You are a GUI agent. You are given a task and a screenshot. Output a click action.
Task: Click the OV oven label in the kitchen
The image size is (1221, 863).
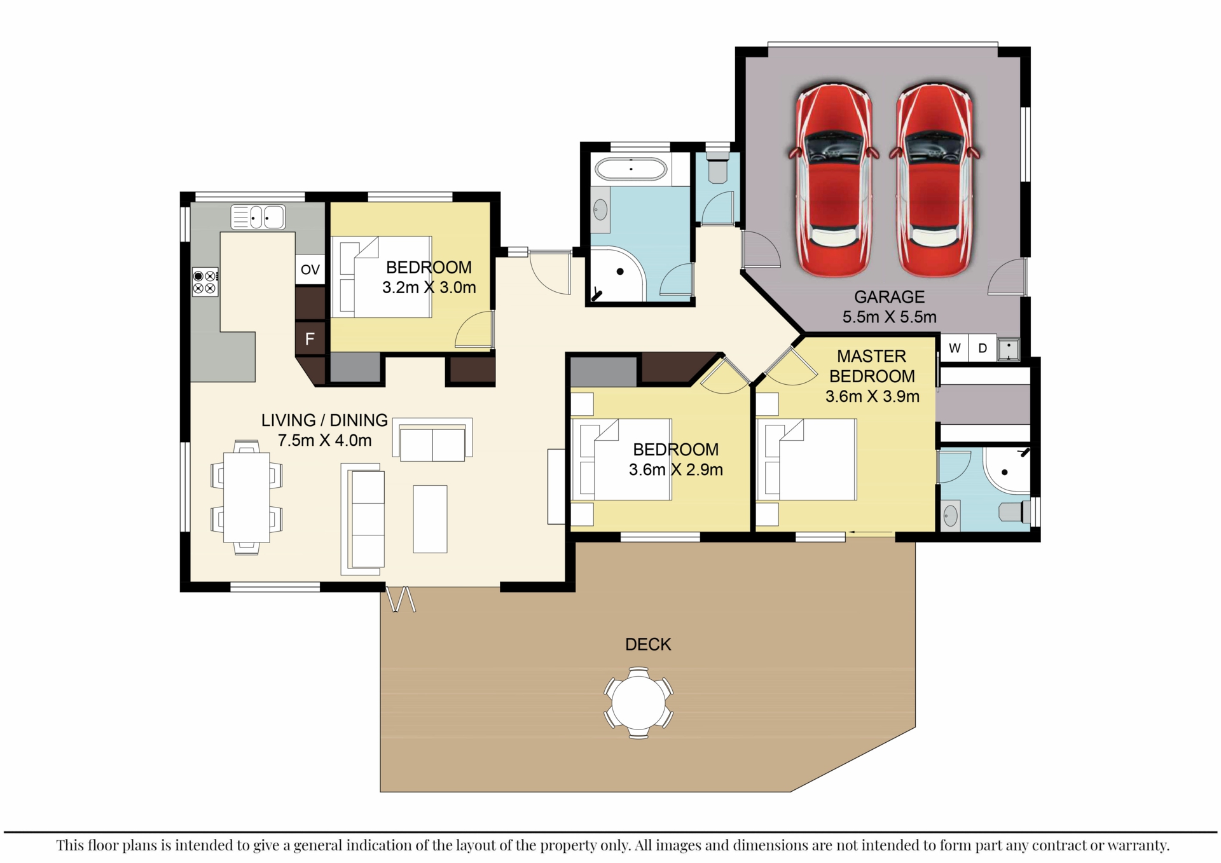tap(310, 269)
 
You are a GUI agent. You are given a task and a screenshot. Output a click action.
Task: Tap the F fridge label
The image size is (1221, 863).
tap(310, 339)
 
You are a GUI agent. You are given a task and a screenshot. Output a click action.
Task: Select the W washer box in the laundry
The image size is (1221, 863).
tap(955, 349)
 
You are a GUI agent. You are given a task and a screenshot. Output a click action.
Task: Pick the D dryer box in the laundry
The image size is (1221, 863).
tap(983, 349)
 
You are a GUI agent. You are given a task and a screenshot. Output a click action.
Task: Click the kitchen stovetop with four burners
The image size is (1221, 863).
tap(205, 282)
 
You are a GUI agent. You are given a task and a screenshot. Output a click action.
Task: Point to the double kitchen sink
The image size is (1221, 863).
tap(258, 217)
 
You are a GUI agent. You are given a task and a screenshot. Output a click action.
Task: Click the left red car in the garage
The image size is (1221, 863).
tap(833, 180)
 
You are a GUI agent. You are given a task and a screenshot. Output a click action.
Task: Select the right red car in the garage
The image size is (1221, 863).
tap(934, 180)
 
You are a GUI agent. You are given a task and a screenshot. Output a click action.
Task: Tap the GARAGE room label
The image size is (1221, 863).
tap(889, 297)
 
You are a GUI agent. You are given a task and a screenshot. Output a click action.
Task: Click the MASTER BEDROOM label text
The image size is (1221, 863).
tap(872, 366)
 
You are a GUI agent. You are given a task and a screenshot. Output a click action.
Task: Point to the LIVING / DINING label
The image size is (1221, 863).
tap(324, 420)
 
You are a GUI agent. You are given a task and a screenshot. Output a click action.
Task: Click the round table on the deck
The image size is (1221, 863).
tap(638, 703)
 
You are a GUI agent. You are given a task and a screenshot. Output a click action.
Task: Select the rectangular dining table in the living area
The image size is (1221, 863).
tap(247, 497)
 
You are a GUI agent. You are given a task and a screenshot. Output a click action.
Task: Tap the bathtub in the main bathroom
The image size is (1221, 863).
tap(631, 169)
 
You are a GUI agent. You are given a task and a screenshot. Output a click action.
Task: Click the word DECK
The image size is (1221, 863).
tap(648, 645)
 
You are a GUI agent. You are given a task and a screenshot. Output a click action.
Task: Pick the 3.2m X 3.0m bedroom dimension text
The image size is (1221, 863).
tap(429, 287)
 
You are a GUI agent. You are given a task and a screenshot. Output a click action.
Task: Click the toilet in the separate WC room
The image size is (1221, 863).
tap(717, 165)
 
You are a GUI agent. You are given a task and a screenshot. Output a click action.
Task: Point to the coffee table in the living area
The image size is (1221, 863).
tap(430, 519)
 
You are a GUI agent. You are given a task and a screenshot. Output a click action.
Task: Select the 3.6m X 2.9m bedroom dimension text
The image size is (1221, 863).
tap(676, 470)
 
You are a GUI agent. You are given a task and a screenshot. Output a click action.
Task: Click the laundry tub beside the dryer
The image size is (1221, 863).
tap(1009, 349)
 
